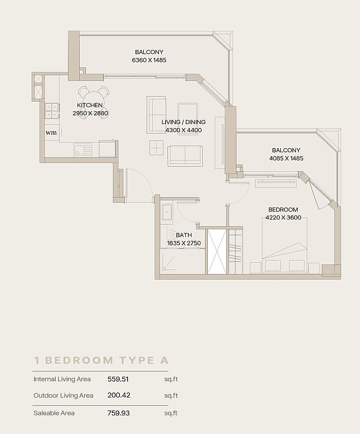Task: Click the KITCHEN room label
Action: pyautogui.click(x=90, y=105)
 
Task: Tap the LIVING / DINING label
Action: pyautogui.click(x=184, y=122)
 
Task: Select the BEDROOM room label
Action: pyautogui.click(x=283, y=209)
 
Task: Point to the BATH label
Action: pyautogui.click(x=184, y=235)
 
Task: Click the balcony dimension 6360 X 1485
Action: pyautogui.click(x=149, y=60)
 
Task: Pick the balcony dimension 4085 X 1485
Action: pyautogui.click(x=286, y=158)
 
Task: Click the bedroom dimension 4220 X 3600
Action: pyautogui.click(x=283, y=217)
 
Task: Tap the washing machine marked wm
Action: pyautogui.click(x=52, y=133)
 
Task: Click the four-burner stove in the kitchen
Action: pyautogui.click(x=52, y=111)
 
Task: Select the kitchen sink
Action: pyautogui.click(x=83, y=149)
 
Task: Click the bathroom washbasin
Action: pyautogui.click(x=167, y=212)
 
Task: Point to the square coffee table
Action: pyautogui.click(x=157, y=148)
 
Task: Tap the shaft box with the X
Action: pyautogui.click(x=217, y=252)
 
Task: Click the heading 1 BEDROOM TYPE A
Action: pyautogui.click(x=101, y=360)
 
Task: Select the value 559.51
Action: pyautogui.click(x=118, y=379)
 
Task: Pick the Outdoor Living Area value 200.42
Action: pyautogui.click(x=119, y=395)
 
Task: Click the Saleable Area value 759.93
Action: pyautogui.click(x=119, y=413)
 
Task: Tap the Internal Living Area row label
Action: pyautogui.click(x=62, y=379)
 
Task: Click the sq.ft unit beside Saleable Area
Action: pyautogui.click(x=171, y=413)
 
